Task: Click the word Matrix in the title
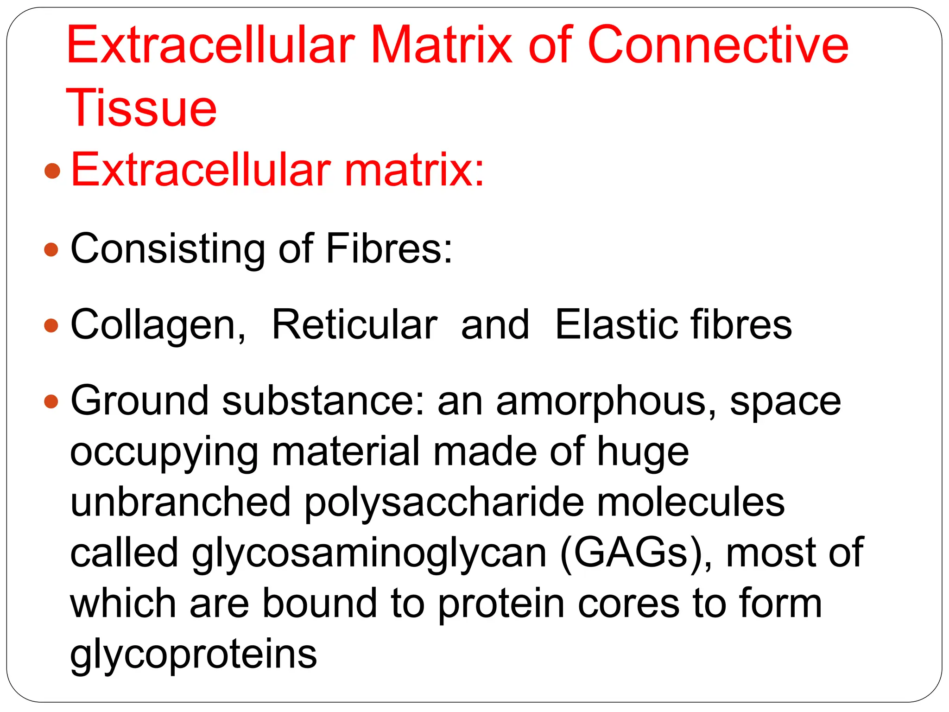[x=442, y=45]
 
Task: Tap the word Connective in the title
[x=718, y=45]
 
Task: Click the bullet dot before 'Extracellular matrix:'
[x=52, y=171]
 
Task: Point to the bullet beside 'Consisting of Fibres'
[x=51, y=250]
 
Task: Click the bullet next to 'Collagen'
[x=51, y=325]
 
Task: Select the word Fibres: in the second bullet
[x=389, y=249]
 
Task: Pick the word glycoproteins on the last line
[x=193, y=655]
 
